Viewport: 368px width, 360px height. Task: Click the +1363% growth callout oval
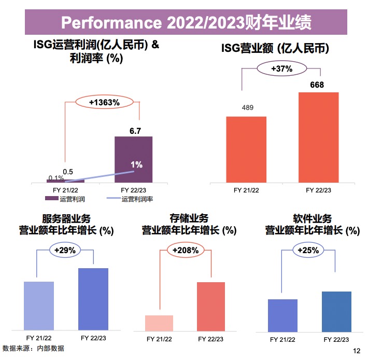104,103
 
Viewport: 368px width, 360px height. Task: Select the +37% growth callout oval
282,68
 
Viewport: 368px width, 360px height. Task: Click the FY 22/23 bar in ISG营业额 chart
318,137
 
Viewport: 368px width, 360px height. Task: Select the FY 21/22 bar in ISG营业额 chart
246,149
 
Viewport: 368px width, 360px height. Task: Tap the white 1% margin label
136,165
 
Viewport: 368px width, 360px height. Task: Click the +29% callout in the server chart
65,250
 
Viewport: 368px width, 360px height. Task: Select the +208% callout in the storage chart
185,250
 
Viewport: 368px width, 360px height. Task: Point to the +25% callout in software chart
308,250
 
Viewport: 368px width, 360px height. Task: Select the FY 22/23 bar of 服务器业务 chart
93,299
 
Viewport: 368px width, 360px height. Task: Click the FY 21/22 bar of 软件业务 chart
282,314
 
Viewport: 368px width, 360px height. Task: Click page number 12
356,351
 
